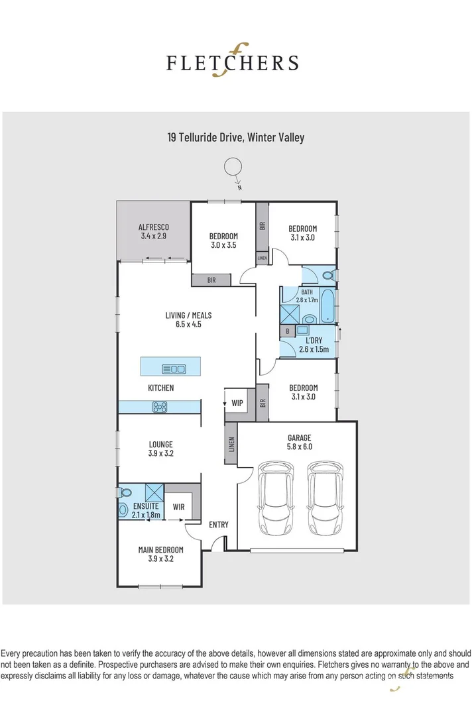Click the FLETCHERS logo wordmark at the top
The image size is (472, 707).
tap(231, 63)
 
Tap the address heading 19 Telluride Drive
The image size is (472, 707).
tap(235, 138)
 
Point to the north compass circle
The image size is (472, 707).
tap(233, 168)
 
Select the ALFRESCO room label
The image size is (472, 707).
tap(154, 231)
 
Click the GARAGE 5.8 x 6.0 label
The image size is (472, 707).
tap(299, 442)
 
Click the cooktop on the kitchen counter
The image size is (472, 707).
tap(160, 407)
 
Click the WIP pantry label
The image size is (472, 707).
tap(237, 403)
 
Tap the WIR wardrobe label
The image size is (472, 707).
tap(178, 508)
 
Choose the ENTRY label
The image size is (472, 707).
tap(219, 525)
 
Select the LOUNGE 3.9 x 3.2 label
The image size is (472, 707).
tap(160, 449)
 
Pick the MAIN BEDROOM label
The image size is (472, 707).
tap(160, 554)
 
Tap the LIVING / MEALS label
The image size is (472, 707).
tap(188, 320)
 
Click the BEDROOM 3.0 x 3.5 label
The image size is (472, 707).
tap(223, 241)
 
